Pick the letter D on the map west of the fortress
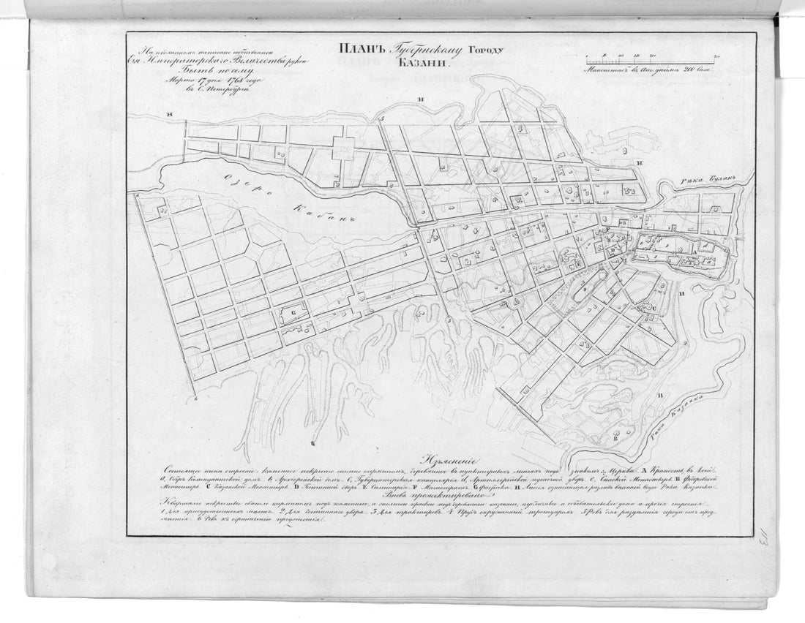point(613,250)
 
